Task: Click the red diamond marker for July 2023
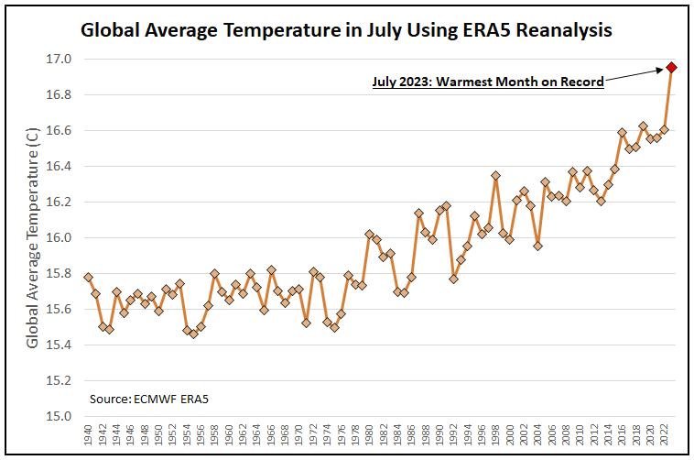pos(671,67)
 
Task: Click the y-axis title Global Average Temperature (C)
pos(33,237)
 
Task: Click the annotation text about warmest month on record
pos(488,82)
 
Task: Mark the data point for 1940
pos(88,277)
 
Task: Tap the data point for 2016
pos(622,133)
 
